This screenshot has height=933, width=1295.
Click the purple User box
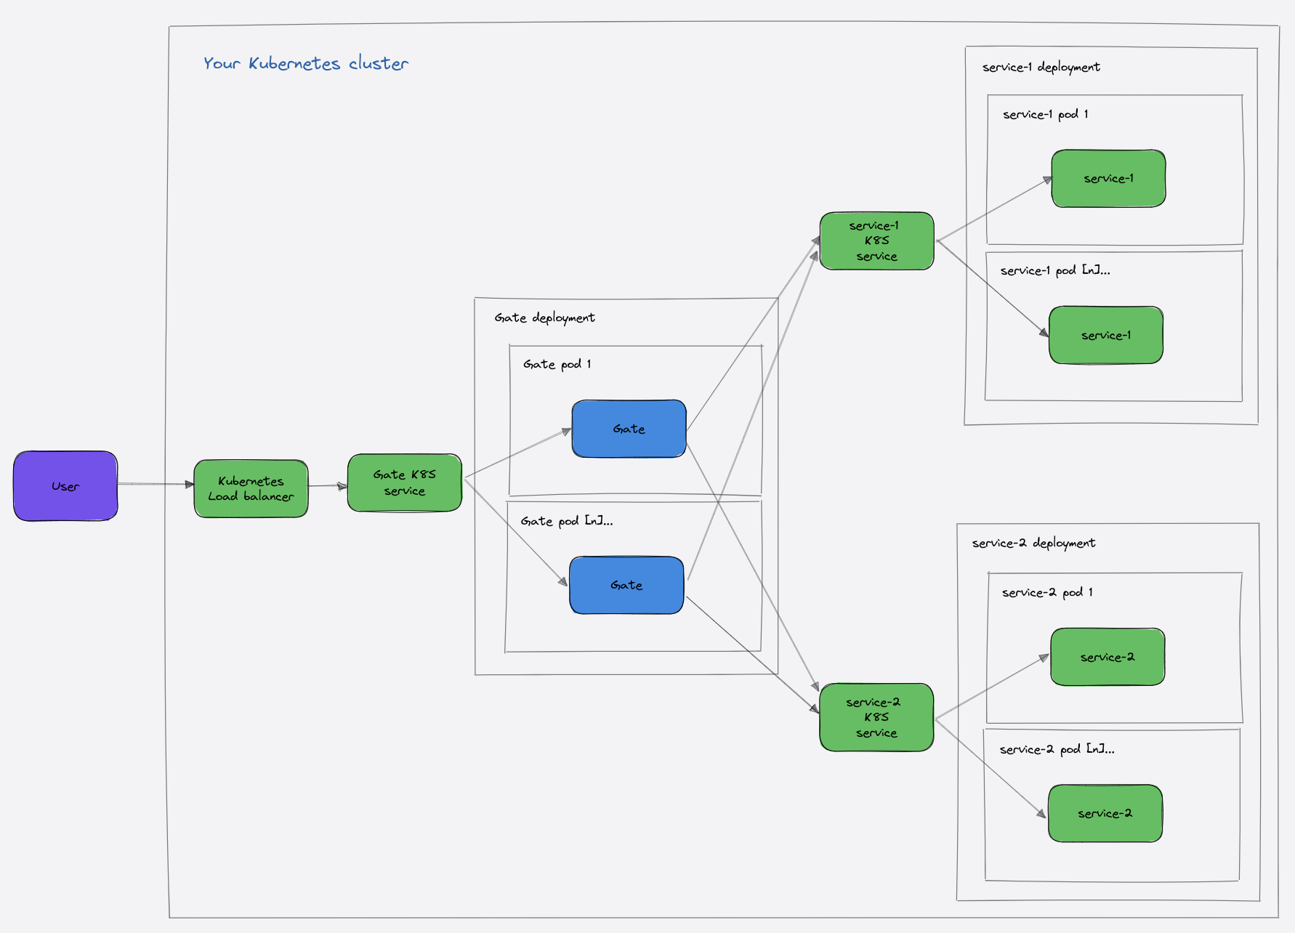65,485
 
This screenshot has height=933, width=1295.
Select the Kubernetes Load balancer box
251,488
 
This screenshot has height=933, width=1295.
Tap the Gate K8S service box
404,482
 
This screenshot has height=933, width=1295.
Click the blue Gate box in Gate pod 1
629,429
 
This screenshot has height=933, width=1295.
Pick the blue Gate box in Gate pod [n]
626,585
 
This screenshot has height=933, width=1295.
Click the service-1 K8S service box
876,241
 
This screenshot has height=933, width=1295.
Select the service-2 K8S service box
876,717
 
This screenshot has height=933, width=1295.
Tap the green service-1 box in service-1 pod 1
1108,179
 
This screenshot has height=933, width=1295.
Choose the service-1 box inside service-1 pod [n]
1105,335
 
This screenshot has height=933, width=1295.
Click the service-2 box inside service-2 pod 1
1107,657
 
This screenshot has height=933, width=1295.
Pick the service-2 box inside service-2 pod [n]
1105,813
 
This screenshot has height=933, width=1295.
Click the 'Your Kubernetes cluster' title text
306,63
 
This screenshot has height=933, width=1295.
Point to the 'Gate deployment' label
544,318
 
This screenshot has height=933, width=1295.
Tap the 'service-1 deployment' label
1041,67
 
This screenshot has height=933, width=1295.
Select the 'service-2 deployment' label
1033,543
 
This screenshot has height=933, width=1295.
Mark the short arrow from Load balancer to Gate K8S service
327,485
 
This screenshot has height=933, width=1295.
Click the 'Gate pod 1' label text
557,364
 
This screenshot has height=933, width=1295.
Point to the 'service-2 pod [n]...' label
1056,749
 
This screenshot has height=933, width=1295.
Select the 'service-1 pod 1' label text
1045,114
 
